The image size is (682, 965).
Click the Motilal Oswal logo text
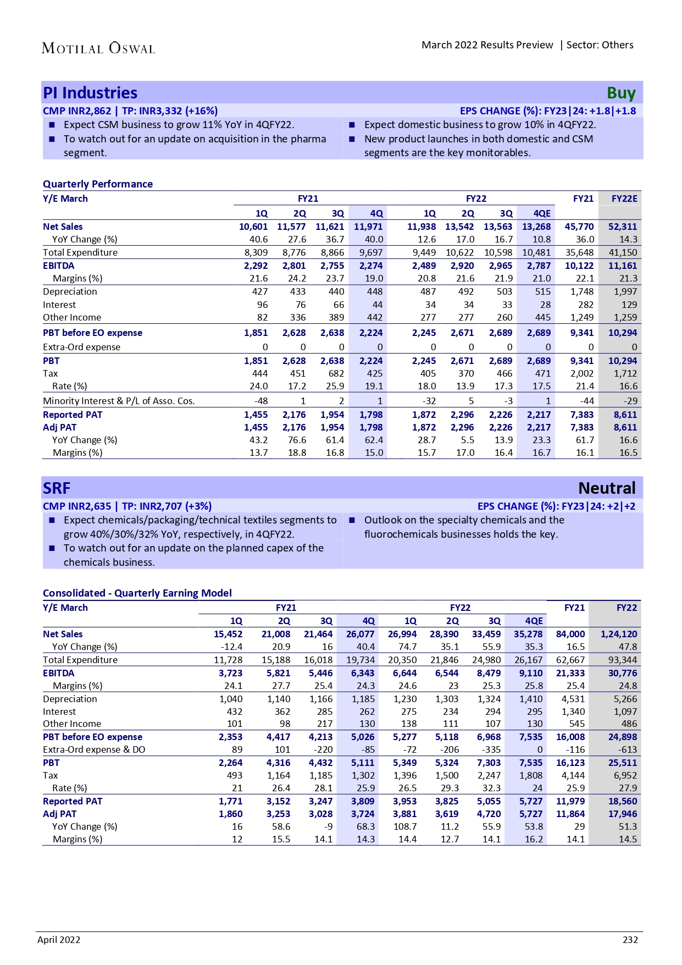(x=98, y=48)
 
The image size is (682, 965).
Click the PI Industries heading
(x=90, y=93)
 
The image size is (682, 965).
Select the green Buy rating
(x=621, y=93)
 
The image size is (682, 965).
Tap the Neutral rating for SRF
(x=607, y=488)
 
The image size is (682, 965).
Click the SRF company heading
(x=57, y=488)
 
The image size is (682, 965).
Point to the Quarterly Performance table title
(x=98, y=184)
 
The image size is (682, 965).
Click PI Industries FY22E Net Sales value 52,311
(x=622, y=227)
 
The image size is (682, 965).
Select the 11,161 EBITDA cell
(x=622, y=266)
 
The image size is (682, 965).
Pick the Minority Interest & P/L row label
(x=119, y=401)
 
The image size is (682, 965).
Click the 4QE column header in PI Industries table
(x=542, y=213)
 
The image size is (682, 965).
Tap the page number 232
(x=630, y=940)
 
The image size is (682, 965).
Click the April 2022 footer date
(x=59, y=940)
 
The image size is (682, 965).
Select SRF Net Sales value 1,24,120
(x=619, y=634)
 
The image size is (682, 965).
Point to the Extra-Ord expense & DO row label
(x=94, y=749)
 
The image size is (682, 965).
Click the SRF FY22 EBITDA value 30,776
(x=622, y=673)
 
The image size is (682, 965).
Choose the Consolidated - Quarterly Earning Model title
(x=137, y=593)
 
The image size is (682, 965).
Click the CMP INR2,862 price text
(x=77, y=111)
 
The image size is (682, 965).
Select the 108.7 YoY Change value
(x=405, y=826)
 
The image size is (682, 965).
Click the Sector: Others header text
(x=600, y=45)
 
